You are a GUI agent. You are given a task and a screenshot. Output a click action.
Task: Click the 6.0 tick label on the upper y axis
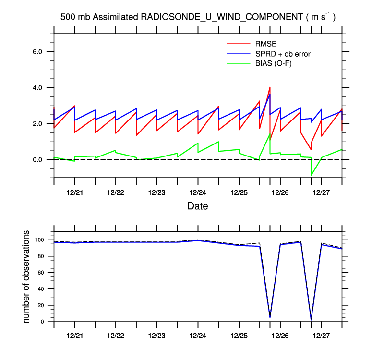tap(38, 52)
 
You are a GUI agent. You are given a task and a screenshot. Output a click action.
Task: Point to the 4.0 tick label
tap(38, 88)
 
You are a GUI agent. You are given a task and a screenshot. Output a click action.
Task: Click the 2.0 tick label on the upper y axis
tap(38, 124)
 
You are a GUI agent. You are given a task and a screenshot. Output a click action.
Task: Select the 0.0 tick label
tap(38, 160)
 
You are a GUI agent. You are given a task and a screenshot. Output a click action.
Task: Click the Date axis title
tap(197, 206)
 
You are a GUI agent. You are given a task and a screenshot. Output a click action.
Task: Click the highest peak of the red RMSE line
tap(270, 87)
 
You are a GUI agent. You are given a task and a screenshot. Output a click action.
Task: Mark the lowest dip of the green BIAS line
tap(311, 175)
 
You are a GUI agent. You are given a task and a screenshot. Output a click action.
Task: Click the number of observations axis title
tap(27, 276)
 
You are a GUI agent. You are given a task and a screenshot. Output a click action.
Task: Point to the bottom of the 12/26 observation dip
tap(270, 317)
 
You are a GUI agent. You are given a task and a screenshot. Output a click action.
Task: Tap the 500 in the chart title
tap(67, 17)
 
